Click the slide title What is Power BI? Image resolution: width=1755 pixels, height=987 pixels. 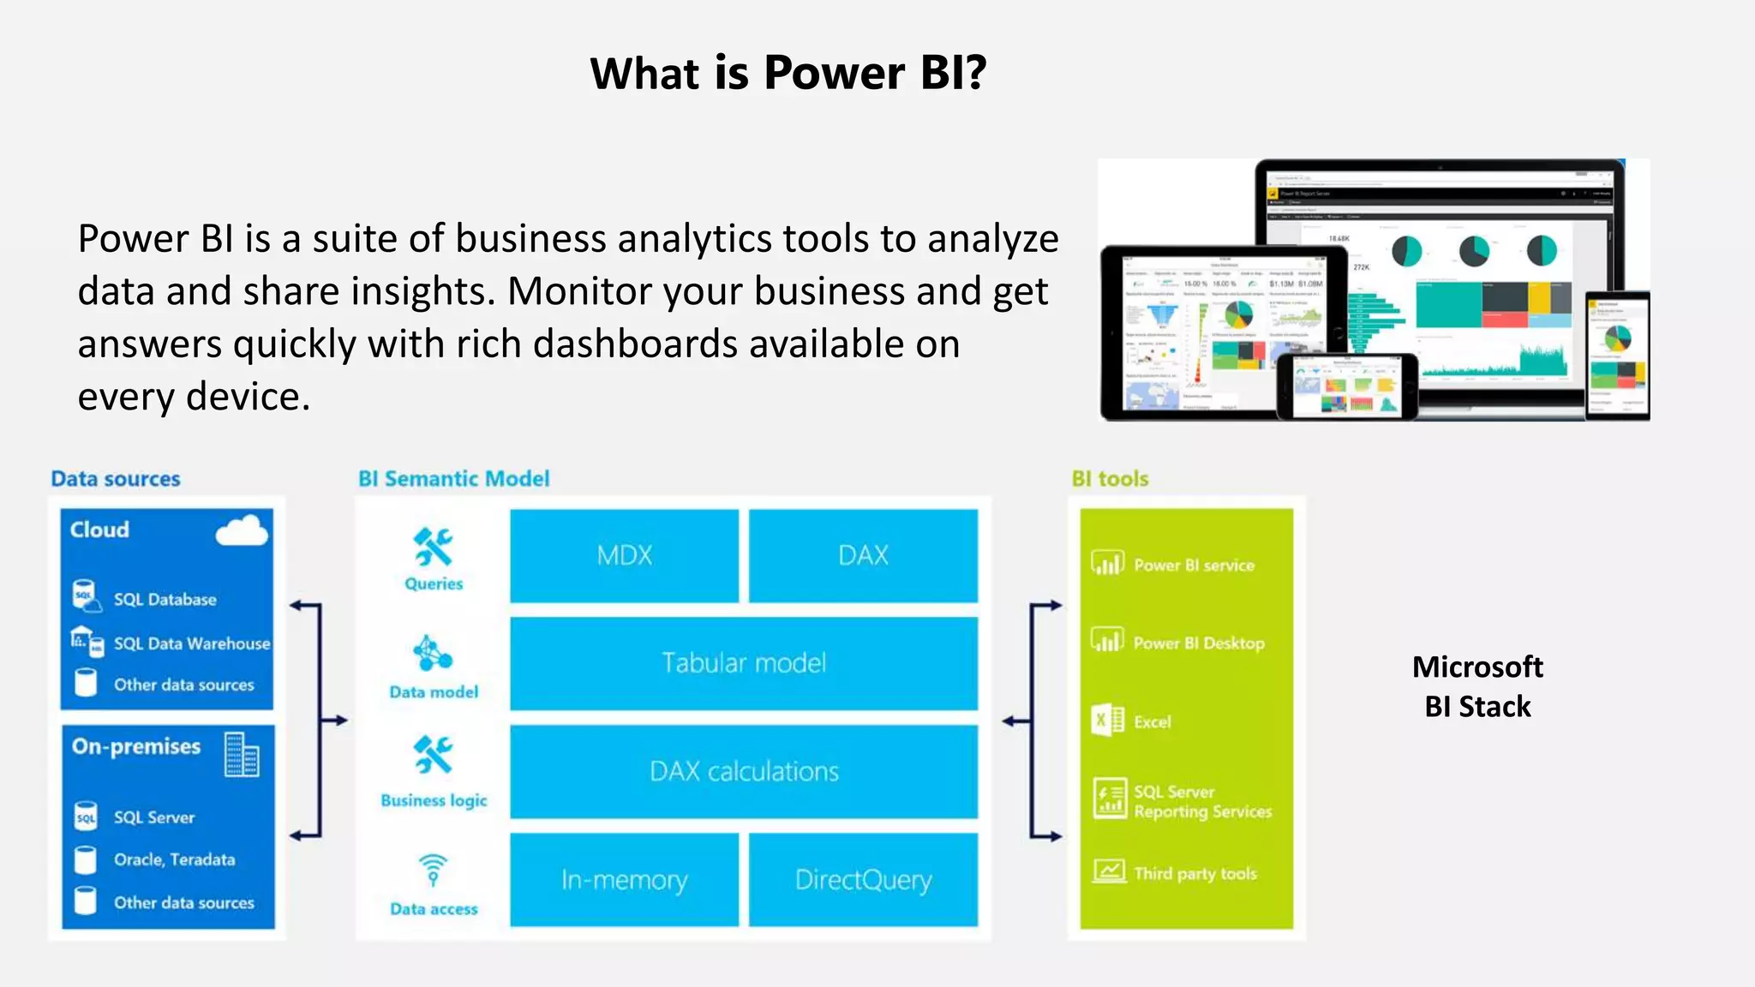(788, 73)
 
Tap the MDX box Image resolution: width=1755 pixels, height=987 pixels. (624, 556)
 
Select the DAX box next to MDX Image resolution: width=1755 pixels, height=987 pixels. (863, 556)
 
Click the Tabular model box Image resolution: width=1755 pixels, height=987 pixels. (744, 663)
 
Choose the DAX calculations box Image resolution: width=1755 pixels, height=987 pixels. (744, 771)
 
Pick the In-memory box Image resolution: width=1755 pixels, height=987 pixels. (624, 880)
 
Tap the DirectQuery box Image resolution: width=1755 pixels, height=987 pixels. (863, 880)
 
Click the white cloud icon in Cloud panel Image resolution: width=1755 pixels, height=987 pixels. (242, 531)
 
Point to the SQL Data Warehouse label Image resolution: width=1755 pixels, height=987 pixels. (192, 643)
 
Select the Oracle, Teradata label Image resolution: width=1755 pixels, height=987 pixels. (174, 859)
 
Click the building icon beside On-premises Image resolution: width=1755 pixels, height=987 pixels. (241, 755)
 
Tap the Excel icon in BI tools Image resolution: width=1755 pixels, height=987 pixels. (1108, 720)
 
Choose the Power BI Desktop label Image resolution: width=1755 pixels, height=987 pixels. (1198, 643)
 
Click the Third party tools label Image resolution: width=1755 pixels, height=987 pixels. (1195, 874)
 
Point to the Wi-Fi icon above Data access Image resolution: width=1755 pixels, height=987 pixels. (434, 869)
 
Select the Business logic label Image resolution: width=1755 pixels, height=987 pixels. (434, 800)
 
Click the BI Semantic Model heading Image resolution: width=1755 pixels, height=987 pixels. (453, 479)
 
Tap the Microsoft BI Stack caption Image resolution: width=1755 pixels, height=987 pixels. (1477, 686)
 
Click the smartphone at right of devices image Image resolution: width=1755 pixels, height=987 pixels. (1617, 355)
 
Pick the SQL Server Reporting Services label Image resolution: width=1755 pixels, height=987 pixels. (1201, 802)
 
